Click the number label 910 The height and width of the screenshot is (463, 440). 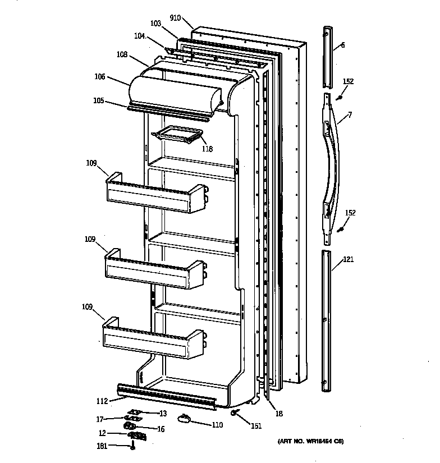pyautogui.click(x=175, y=18)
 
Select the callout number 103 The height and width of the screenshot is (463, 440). pyautogui.click(x=156, y=24)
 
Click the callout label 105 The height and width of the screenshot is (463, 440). pyautogui.click(x=99, y=101)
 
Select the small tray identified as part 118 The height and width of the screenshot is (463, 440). pyautogui.click(x=176, y=135)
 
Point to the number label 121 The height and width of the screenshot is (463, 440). pyautogui.click(x=349, y=259)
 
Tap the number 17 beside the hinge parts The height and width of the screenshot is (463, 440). pyautogui.click(x=99, y=418)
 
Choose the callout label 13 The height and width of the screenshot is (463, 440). pyautogui.click(x=163, y=414)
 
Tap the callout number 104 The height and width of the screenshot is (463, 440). pyautogui.click(x=139, y=36)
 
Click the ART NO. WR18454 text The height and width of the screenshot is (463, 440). pyautogui.click(x=310, y=442)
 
